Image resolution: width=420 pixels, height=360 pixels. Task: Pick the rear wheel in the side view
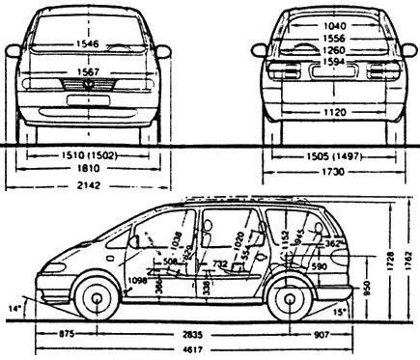(289, 298)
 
